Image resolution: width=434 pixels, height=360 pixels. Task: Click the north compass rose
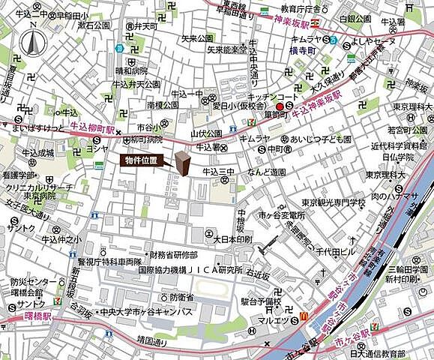click(31, 43)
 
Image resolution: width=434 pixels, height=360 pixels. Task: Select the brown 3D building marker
click(183, 162)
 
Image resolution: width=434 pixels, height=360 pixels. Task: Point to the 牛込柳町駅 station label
click(91, 129)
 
